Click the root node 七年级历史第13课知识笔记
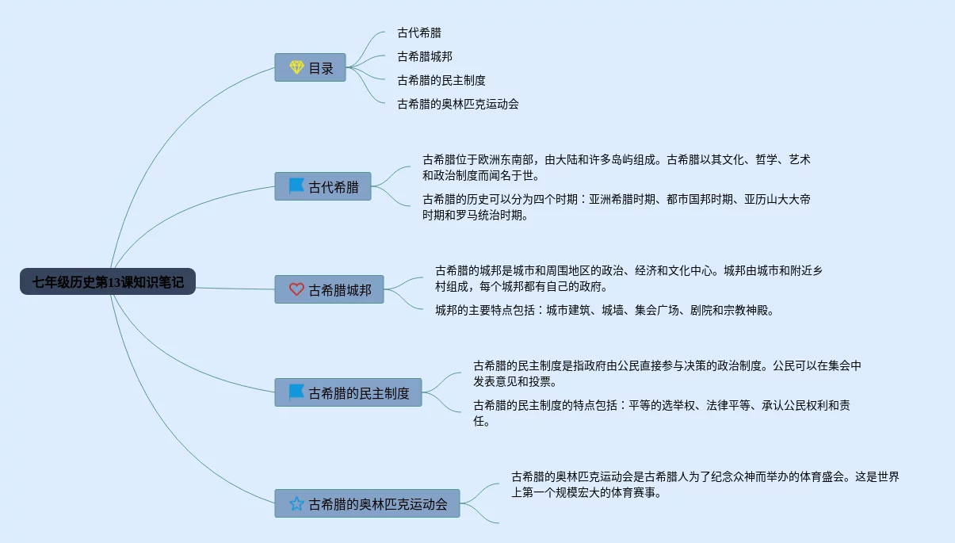(108, 281)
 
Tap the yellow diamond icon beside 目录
(296, 67)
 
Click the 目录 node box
(311, 67)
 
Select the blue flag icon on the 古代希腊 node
(296, 186)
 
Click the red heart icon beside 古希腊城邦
(296, 289)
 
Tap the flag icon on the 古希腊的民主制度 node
(296, 392)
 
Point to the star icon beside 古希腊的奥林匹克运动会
(296, 503)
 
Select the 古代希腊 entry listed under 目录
(419, 33)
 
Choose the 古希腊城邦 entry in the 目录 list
(425, 56)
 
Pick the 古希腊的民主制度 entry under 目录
(441, 80)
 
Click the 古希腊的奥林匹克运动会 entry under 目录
(458, 104)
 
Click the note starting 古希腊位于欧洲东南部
(616, 167)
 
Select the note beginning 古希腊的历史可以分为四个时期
(616, 207)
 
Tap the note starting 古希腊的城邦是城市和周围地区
(628, 278)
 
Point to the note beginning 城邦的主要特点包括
(604, 310)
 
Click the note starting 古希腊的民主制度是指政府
(667, 373)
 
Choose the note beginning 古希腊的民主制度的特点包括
(662, 413)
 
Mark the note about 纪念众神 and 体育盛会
(705, 484)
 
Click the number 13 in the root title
(117, 281)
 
